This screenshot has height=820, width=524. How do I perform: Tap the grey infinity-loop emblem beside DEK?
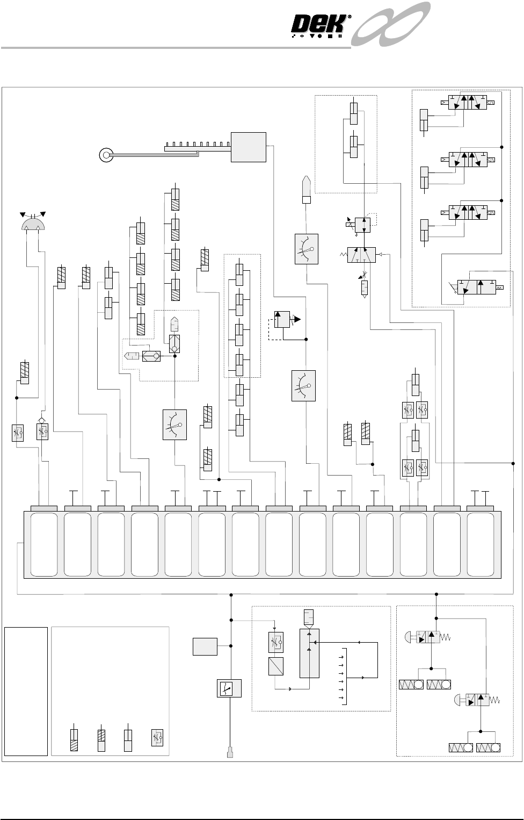click(x=390, y=24)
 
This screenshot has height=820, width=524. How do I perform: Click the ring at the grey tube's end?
click(x=106, y=155)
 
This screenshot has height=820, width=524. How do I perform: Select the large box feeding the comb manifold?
click(x=248, y=147)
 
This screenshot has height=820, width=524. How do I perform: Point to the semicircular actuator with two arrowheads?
click(x=33, y=221)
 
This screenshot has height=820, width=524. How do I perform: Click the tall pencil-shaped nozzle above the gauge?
click(x=307, y=190)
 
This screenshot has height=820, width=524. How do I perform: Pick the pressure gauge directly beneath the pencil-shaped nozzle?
click(x=307, y=249)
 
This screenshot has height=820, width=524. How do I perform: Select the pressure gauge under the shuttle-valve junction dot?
click(x=174, y=425)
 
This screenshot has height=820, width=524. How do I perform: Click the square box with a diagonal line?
click(x=276, y=666)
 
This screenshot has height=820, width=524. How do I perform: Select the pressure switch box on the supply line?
click(x=229, y=688)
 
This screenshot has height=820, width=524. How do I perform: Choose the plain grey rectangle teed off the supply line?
click(x=205, y=646)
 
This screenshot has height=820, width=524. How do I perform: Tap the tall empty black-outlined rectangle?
click(x=26, y=692)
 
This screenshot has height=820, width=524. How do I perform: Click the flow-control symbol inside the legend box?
click(x=157, y=738)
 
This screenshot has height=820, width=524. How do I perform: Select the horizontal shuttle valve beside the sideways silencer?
click(x=151, y=356)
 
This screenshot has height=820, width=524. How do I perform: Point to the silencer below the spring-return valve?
click(x=364, y=287)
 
